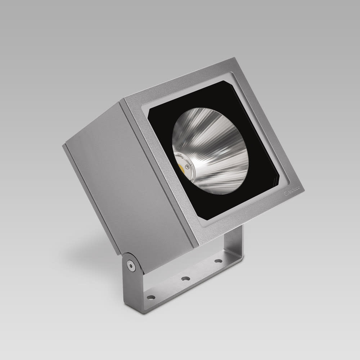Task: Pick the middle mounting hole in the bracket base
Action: (x=186, y=278)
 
